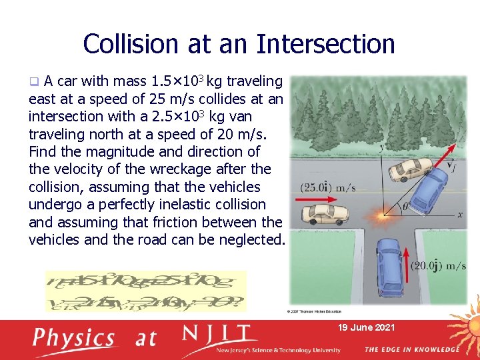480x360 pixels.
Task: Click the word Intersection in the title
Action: tap(325, 44)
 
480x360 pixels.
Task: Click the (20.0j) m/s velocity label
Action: tap(437, 266)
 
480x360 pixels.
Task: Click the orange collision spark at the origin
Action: tap(383, 215)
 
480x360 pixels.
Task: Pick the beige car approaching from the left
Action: tap(326, 214)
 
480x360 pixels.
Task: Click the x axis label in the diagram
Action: tap(459, 215)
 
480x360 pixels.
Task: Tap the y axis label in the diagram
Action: tap(381, 148)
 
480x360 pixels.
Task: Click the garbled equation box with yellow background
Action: tap(145, 291)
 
